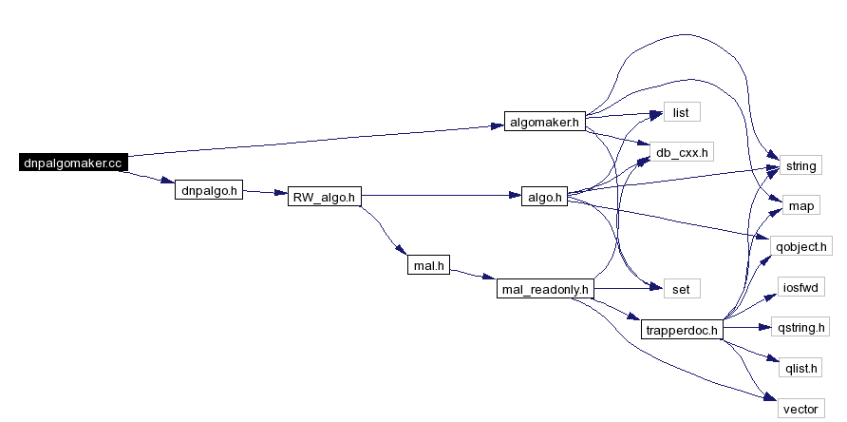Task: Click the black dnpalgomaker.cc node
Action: click(x=73, y=163)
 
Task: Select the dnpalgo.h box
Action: click(x=209, y=190)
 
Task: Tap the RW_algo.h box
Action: click(x=324, y=197)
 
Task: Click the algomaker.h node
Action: click(x=544, y=122)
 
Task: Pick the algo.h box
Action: click(x=544, y=197)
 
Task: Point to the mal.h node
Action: click(x=428, y=265)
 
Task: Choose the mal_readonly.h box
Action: click(x=544, y=289)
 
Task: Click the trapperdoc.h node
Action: click(x=682, y=329)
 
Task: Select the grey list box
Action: click(x=681, y=112)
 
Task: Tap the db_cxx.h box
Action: click(x=681, y=152)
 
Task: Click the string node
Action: click(x=800, y=165)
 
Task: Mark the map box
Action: click(x=801, y=205)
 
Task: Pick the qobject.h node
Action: click(x=801, y=246)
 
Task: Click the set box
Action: click(x=681, y=289)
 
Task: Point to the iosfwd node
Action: click(x=801, y=286)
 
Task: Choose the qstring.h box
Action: click(x=800, y=327)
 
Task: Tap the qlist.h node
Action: click(x=800, y=368)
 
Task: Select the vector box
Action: click(x=800, y=409)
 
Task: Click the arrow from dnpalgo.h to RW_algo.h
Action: click(x=265, y=192)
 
